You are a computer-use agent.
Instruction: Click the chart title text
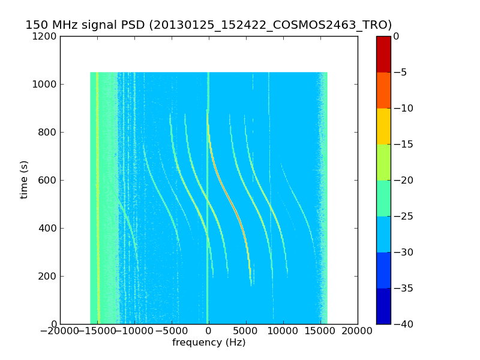click(x=208, y=25)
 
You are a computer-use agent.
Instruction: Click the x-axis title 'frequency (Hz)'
click(x=209, y=343)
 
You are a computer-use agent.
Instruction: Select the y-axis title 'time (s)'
click(x=24, y=179)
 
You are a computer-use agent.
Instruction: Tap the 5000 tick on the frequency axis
click(x=246, y=331)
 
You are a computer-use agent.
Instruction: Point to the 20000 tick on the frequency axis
click(x=358, y=331)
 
